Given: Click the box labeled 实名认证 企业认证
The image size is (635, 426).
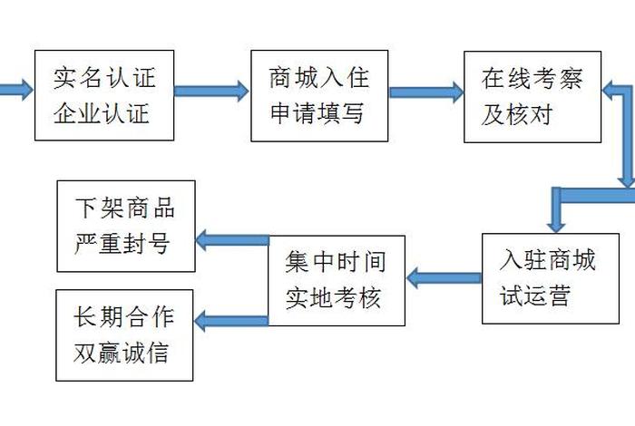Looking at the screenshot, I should click(x=104, y=95).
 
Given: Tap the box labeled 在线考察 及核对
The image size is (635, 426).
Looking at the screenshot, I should click(x=532, y=95).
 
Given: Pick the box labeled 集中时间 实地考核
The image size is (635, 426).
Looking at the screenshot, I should click(x=337, y=279).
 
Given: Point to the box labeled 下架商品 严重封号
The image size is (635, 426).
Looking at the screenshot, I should click(x=126, y=226).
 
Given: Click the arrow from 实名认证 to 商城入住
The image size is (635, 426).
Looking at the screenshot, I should click(x=211, y=91).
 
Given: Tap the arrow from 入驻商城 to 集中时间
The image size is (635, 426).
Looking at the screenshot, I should click(x=443, y=277).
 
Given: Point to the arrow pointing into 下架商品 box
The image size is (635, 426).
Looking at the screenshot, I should click(x=231, y=239).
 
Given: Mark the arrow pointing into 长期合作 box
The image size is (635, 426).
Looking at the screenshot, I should click(x=231, y=318).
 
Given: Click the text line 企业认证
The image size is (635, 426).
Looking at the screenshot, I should click(x=104, y=114).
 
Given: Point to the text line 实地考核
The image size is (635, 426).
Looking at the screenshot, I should click(x=337, y=297).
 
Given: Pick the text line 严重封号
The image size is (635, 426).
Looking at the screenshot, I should click(x=125, y=244).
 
